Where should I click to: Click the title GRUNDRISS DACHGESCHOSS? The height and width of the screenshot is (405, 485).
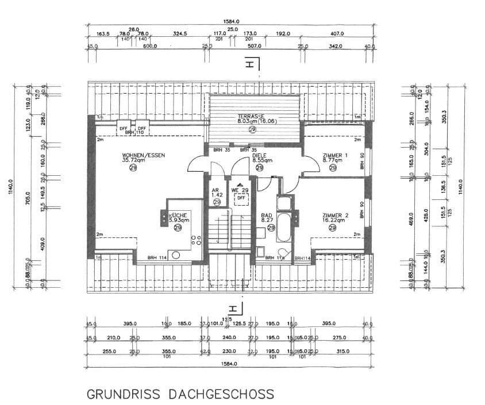[x=180, y=395]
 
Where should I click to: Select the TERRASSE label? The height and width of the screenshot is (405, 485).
[x=251, y=115]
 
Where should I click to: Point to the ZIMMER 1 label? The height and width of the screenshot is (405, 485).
[x=335, y=156]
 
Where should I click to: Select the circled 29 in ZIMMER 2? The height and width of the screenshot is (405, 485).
[x=332, y=227]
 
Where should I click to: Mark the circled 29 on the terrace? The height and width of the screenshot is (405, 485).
[x=252, y=130]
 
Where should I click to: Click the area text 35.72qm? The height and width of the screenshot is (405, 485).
[x=133, y=161]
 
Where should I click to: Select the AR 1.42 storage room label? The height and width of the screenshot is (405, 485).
[x=217, y=193]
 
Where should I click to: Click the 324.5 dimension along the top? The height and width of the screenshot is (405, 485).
[x=180, y=34]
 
